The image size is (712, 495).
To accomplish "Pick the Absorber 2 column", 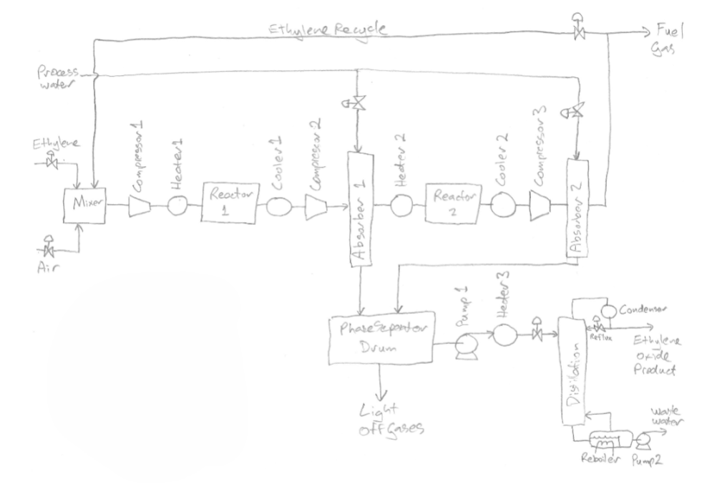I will (578, 208).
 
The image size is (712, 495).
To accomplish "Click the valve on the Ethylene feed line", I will (52, 163).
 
